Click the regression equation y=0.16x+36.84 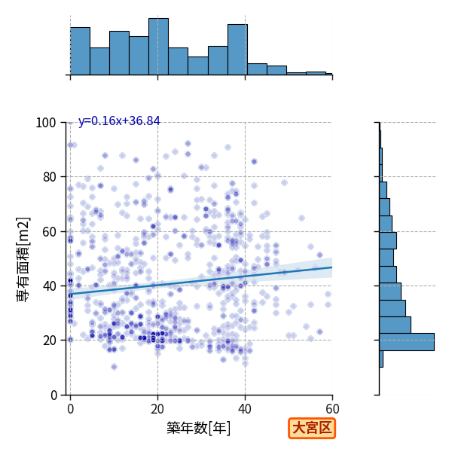click(x=119, y=121)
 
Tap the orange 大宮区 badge click(x=312, y=429)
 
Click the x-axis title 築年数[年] click(x=199, y=428)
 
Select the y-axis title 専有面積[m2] click(x=23, y=259)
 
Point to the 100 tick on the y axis click(x=45, y=123)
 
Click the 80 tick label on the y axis click(x=49, y=177)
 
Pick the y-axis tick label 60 click(x=49, y=231)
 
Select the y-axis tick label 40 click(x=49, y=286)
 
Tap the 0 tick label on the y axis click(x=53, y=395)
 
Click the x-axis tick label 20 click(x=157, y=409)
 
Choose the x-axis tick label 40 click(x=245, y=409)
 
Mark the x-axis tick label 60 click(x=332, y=409)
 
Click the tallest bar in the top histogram click(x=158, y=47)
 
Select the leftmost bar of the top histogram click(x=80, y=51)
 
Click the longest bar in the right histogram click(x=407, y=342)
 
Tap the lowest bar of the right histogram click(x=381, y=359)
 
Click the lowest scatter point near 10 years click(x=114, y=367)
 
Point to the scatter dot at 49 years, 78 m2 click(x=284, y=182)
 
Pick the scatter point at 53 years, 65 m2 click(x=301, y=218)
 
